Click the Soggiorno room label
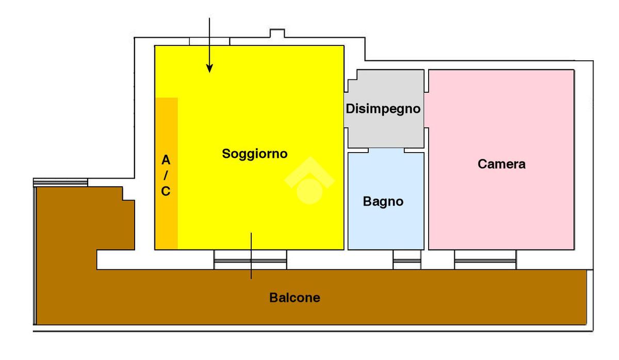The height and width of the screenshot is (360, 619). (x=254, y=154)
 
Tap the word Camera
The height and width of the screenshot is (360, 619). (x=501, y=165)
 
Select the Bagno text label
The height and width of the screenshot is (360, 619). (x=383, y=202)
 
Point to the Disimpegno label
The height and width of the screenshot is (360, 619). (x=383, y=109)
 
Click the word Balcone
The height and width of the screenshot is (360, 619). (x=295, y=298)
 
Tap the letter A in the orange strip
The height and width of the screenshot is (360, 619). (x=166, y=160)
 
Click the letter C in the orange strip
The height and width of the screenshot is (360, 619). (x=166, y=192)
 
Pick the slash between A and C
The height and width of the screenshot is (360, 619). (x=166, y=176)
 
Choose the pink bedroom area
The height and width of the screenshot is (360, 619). (x=501, y=206)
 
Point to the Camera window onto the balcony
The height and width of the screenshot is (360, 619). (x=485, y=260)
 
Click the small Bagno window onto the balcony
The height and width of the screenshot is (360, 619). (x=407, y=260)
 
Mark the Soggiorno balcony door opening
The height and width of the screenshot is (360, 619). (x=250, y=260)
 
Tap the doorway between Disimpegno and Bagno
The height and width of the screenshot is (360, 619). (x=386, y=150)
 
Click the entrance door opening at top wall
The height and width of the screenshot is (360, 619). (x=209, y=41)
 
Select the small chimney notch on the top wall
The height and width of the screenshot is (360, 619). (x=277, y=35)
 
